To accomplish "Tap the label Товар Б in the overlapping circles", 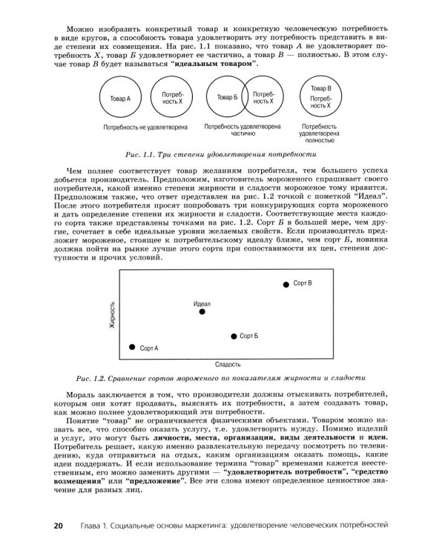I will tap(227, 97).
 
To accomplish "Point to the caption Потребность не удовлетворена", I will tap(145, 127).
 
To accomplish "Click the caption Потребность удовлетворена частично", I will tap(245, 131).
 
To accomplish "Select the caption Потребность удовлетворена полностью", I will tap(321, 135).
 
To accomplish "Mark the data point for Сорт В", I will tap(286, 284).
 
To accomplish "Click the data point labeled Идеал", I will tap(202, 312).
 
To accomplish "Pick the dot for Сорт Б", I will tap(234, 336).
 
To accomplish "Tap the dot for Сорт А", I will tap(132, 347).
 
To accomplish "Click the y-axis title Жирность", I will tap(111, 316).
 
